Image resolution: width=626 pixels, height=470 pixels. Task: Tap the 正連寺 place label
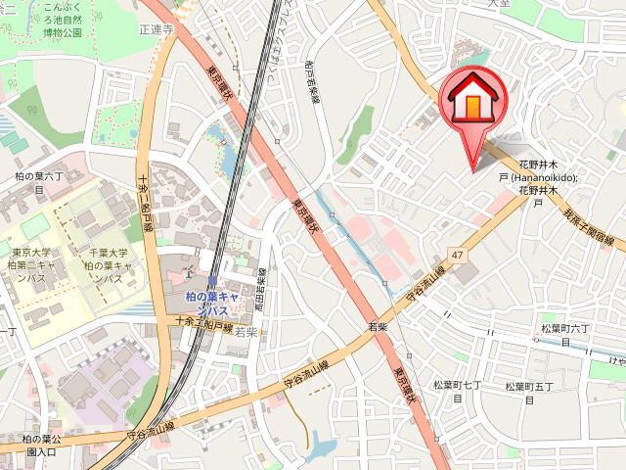click(x=156, y=30)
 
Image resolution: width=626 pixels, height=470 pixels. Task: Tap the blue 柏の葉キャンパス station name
click(x=226, y=302)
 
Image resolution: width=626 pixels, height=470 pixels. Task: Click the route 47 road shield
click(x=457, y=256)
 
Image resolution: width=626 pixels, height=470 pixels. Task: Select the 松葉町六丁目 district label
click(x=566, y=335)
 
